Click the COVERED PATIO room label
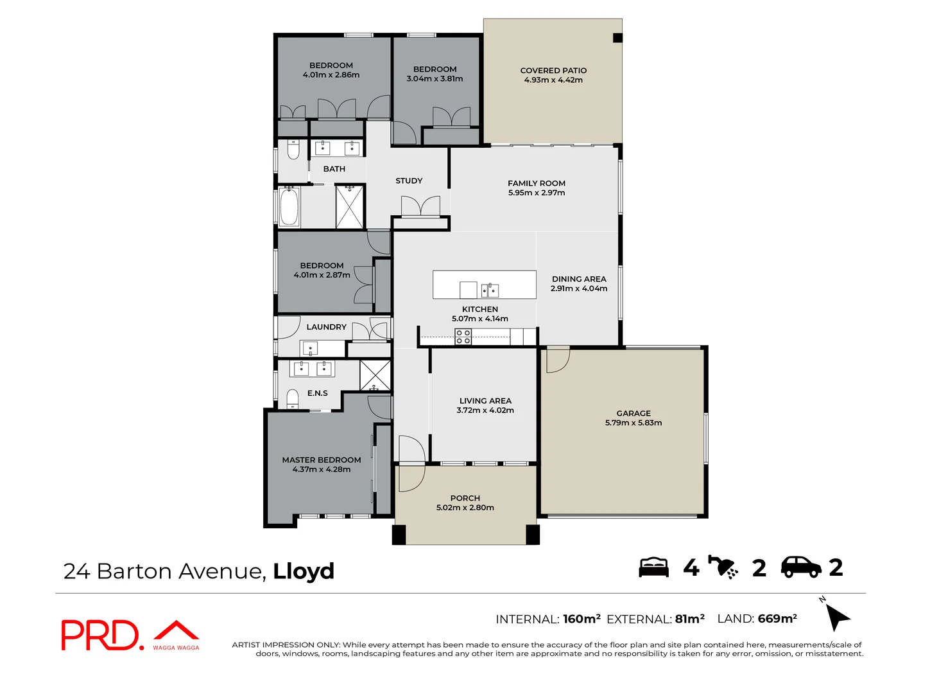tap(553, 71)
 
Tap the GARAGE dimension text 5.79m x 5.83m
tap(633, 423)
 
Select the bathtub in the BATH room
tap(289, 206)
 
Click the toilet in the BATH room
tap(293, 150)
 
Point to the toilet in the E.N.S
tap(293, 398)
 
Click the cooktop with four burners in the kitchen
tap(463, 337)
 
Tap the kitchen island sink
tap(490, 290)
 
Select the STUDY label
tap(409, 181)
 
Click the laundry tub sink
tap(310, 349)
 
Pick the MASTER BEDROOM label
tap(322, 460)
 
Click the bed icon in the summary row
tap(653, 567)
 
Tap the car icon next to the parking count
tap(800, 567)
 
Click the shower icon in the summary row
tap(723, 567)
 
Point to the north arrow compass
tap(836, 617)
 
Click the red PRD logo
tap(100, 635)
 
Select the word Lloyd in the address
tap(304, 571)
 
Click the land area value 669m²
tap(777, 619)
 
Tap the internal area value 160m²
tap(581, 619)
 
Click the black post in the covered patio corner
tap(617, 38)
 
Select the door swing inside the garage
tap(556, 360)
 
